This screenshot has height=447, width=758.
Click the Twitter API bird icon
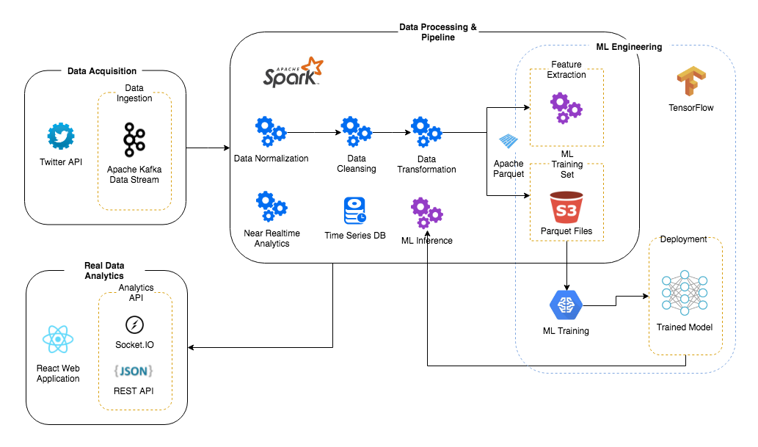(x=62, y=137)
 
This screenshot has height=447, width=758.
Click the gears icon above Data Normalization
(x=271, y=132)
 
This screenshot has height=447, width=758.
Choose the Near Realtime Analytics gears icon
(x=271, y=207)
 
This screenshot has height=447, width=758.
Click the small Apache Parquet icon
(x=509, y=142)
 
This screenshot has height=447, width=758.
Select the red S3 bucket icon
(x=566, y=207)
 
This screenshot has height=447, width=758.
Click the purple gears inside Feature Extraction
(x=566, y=107)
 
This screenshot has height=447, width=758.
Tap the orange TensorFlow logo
(x=690, y=81)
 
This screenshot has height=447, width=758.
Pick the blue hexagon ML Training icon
(x=566, y=304)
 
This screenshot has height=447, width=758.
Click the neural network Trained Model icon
(x=683, y=293)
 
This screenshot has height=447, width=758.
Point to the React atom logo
(x=58, y=340)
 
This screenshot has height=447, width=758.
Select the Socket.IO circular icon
(x=134, y=324)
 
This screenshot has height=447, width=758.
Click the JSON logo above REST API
(x=134, y=371)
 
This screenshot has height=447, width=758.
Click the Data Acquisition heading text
(x=102, y=71)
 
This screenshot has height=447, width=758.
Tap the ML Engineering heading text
(x=629, y=47)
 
